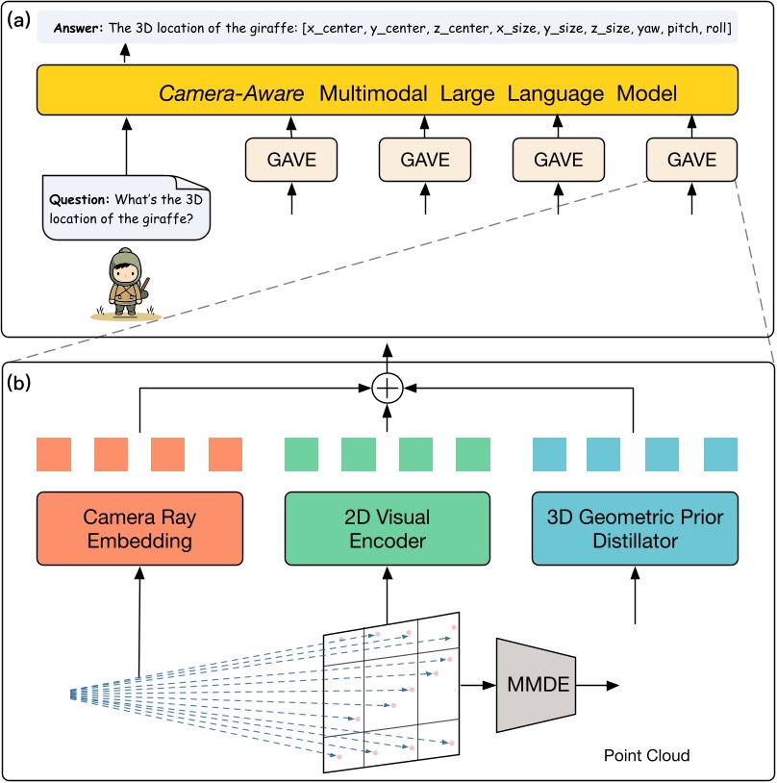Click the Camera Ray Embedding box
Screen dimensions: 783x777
click(x=138, y=528)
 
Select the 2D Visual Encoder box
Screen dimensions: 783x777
click(x=387, y=528)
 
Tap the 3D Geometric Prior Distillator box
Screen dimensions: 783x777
click(x=634, y=528)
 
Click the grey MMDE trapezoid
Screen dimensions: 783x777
click(x=535, y=685)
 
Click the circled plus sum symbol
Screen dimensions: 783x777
click(x=387, y=390)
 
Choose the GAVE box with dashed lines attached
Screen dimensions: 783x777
click(x=691, y=158)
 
